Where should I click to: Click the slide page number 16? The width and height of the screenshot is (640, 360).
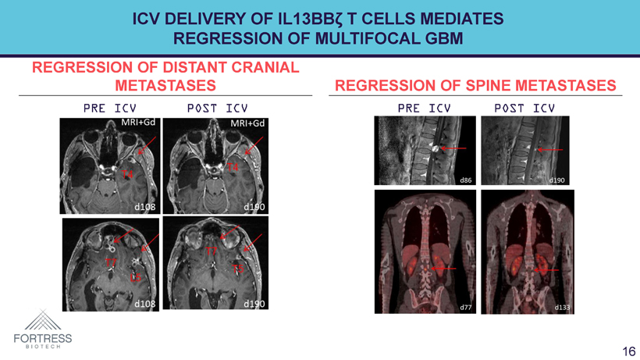click(628, 351)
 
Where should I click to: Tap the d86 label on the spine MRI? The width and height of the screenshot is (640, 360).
click(465, 180)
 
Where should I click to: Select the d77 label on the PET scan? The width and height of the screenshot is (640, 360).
click(465, 307)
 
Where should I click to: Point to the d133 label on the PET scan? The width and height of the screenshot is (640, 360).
click(562, 307)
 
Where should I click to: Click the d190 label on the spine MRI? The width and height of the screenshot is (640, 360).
click(556, 180)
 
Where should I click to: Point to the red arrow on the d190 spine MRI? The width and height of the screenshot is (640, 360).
click(551, 149)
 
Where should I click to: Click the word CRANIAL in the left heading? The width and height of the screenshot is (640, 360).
click(259, 68)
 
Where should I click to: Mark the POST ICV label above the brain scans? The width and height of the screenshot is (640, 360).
click(216, 107)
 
